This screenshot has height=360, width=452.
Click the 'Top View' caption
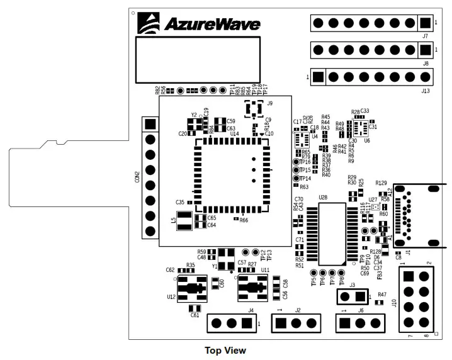(x=225, y=350)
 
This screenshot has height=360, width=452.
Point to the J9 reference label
(x=270, y=103)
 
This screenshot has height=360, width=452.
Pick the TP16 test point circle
(x=295, y=162)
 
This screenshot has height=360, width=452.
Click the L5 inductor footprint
(x=184, y=220)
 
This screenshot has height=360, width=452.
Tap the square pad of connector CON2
(x=150, y=124)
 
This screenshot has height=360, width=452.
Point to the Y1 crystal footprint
(x=225, y=256)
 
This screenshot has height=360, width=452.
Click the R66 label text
(x=244, y=220)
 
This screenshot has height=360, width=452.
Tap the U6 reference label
(x=367, y=141)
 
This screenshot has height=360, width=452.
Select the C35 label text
(x=180, y=202)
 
